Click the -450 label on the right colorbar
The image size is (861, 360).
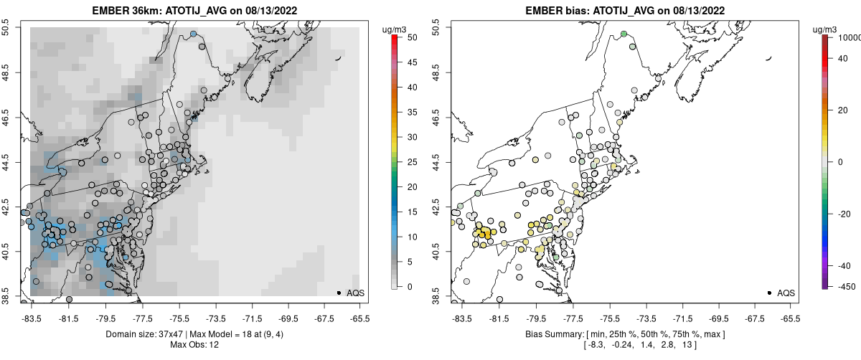(844, 286)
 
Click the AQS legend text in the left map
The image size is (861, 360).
(355, 293)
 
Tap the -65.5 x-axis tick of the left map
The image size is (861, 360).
(359, 317)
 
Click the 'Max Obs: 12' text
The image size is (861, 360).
(194, 345)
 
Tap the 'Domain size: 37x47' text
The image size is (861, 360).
(143, 335)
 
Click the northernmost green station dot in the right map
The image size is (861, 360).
(624, 34)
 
